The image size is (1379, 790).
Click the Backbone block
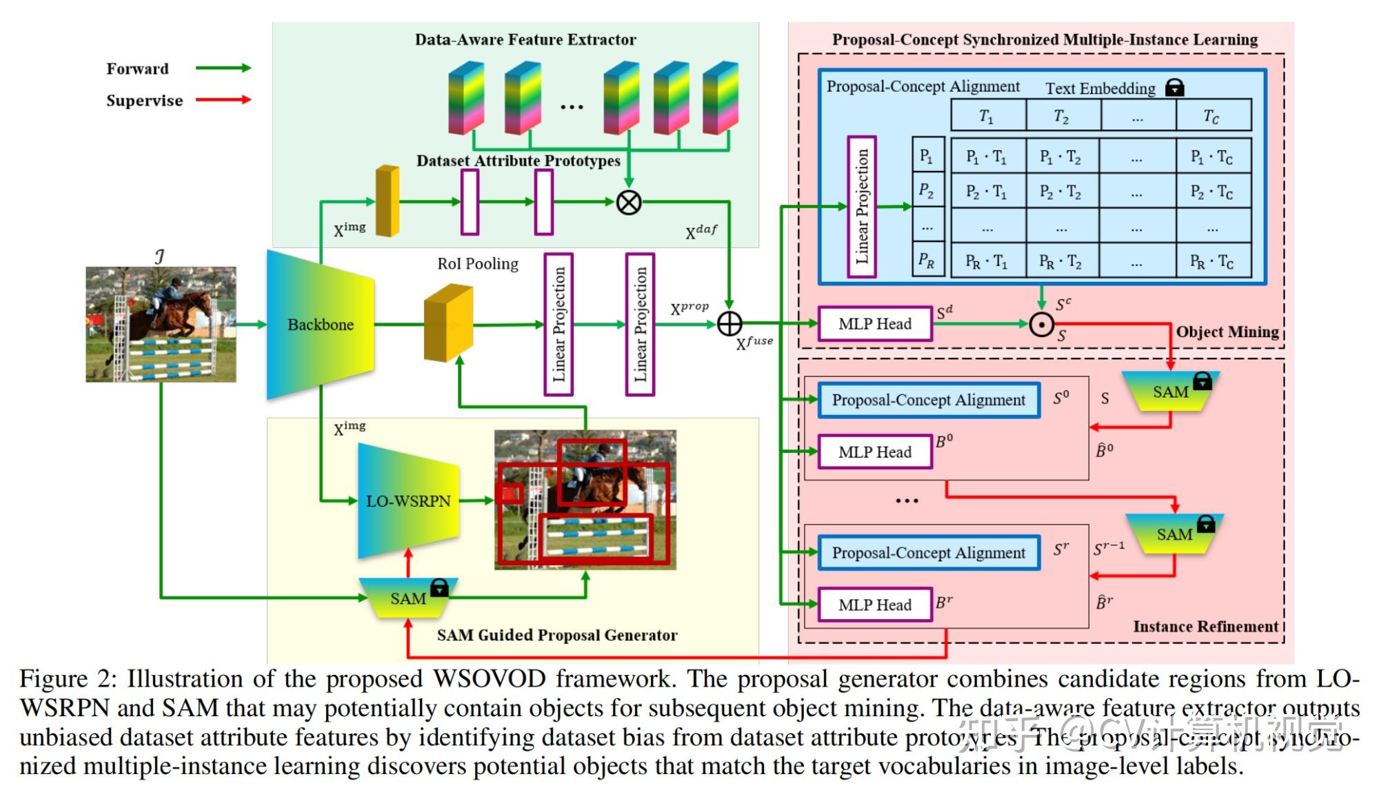[321, 325]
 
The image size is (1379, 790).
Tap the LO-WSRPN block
[408, 501]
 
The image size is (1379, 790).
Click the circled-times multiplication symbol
[628, 202]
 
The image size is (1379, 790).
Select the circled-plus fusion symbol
[729, 323]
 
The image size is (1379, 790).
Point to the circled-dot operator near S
[1041, 324]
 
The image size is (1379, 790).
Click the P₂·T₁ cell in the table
[987, 192]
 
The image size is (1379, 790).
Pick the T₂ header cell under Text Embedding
[1062, 116]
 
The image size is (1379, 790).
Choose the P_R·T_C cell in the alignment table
[1212, 261]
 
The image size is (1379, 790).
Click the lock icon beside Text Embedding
[1175, 88]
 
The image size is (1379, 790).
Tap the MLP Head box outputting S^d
[874, 324]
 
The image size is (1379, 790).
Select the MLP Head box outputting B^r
[874, 605]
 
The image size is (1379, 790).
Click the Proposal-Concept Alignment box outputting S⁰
[928, 401]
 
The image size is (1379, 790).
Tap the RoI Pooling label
[478, 263]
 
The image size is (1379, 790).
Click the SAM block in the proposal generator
[408, 598]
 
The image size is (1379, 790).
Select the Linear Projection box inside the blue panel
[862, 207]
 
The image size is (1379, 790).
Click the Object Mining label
[1227, 332]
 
